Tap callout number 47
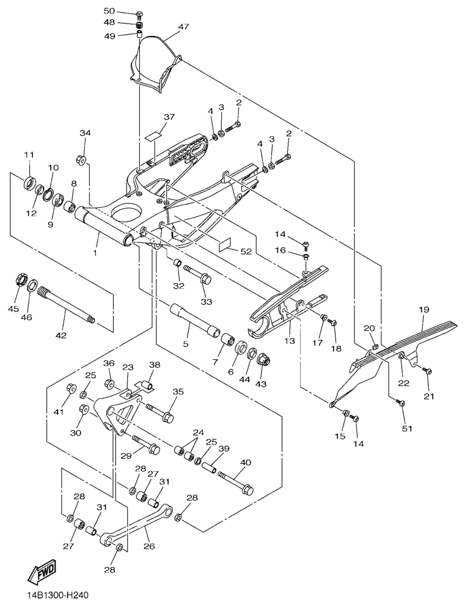click(x=184, y=27)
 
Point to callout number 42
click(x=60, y=335)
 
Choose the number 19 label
click(x=423, y=310)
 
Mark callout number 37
click(x=152, y=117)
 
